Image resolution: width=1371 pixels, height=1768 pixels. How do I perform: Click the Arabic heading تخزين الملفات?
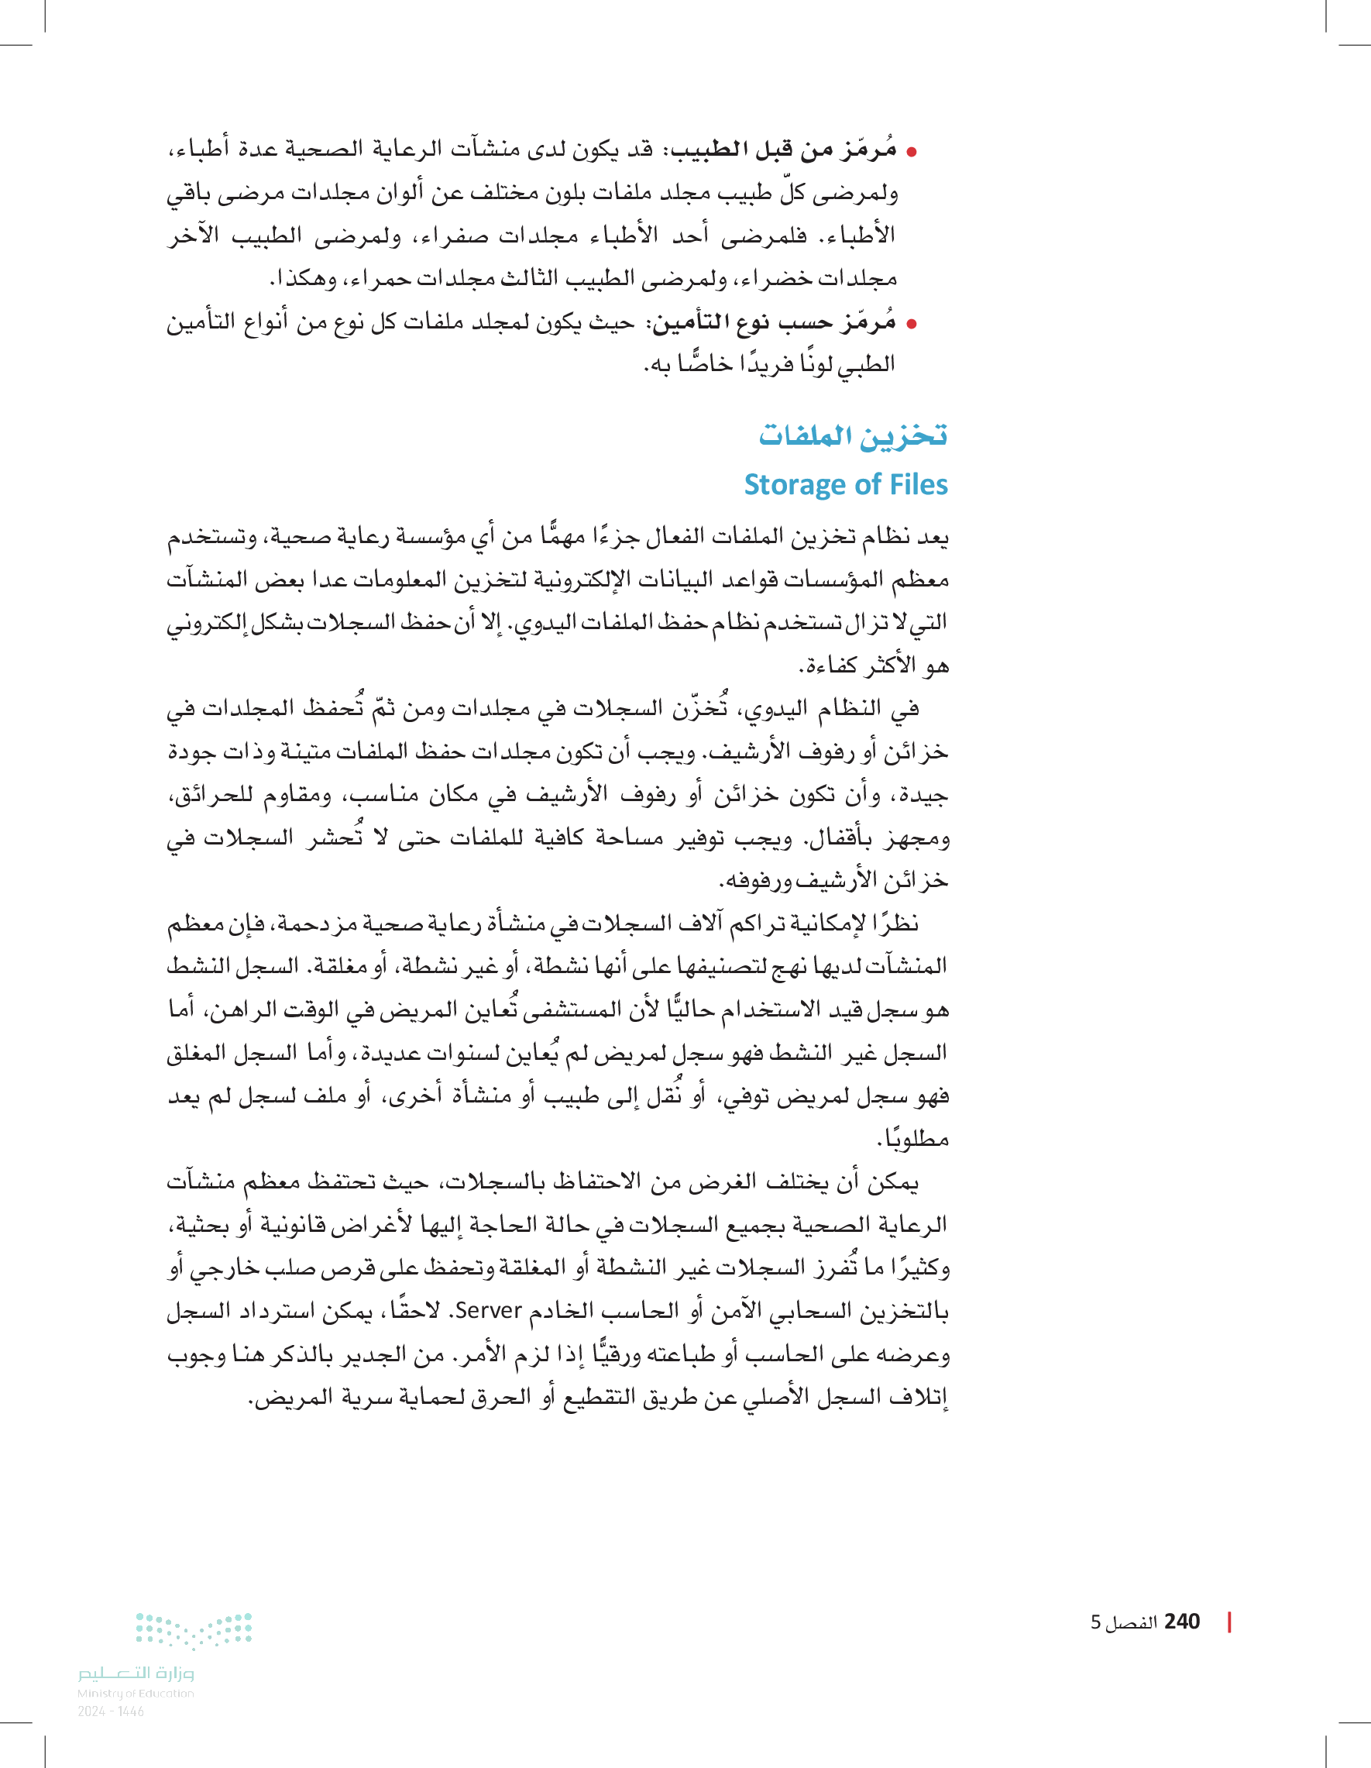click(852, 435)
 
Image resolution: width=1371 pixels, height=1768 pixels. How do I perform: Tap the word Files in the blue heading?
click(917, 484)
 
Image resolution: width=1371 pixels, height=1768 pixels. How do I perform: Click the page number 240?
click(1182, 1622)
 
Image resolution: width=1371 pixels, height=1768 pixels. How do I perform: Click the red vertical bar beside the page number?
click(1229, 1622)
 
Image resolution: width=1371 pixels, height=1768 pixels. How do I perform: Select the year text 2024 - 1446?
click(111, 1711)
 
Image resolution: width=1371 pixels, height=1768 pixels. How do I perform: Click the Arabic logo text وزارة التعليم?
click(136, 1673)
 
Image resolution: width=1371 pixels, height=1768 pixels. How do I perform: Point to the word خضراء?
click(778, 279)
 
